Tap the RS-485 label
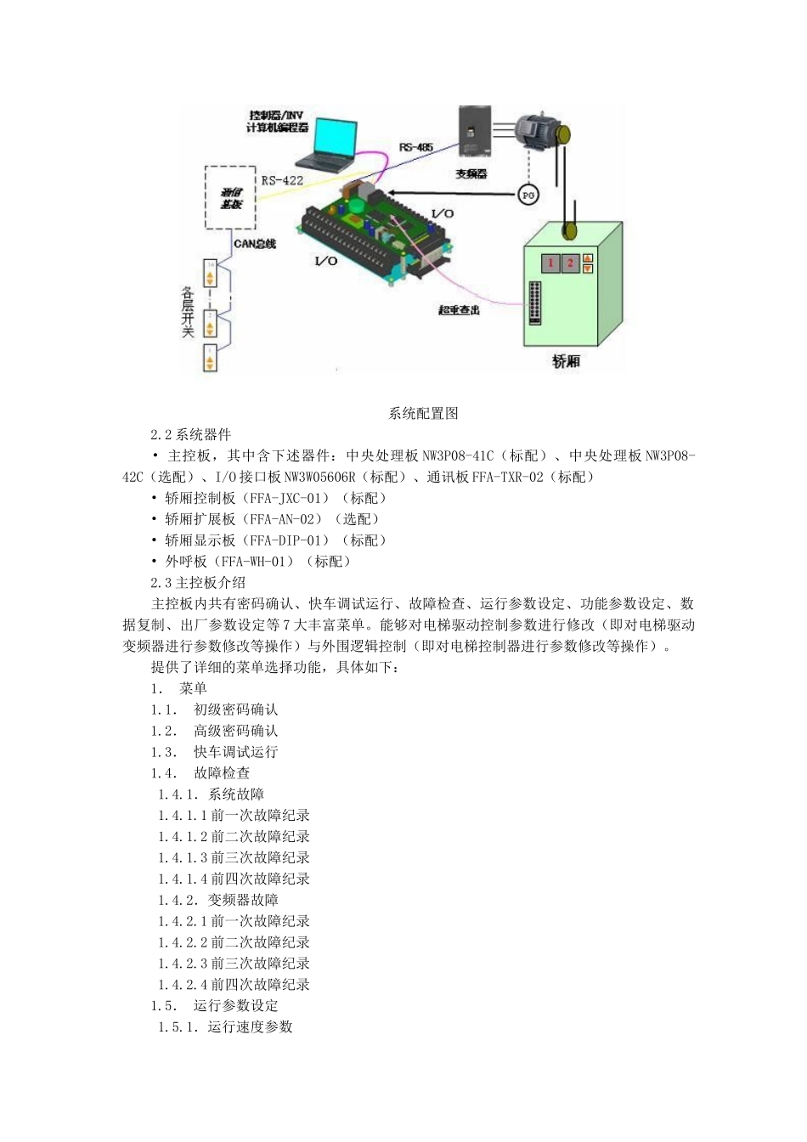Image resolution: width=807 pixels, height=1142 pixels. click(x=416, y=147)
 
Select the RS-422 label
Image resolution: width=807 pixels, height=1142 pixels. click(x=282, y=180)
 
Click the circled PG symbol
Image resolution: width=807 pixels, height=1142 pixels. click(x=528, y=195)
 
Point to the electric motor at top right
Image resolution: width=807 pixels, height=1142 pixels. click(x=539, y=131)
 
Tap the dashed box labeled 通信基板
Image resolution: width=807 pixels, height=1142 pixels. click(x=230, y=197)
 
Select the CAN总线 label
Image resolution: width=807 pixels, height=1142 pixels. click(x=255, y=244)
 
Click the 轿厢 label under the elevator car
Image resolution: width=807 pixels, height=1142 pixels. click(x=566, y=361)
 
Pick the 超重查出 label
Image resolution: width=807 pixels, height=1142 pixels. click(x=460, y=310)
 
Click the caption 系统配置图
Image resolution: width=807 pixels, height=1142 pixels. click(x=423, y=414)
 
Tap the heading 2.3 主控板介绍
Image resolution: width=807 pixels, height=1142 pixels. click(x=198, y=583)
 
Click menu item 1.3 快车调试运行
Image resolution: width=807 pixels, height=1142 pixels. click(x=214, y=752)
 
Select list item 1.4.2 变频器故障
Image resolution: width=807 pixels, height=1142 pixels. click(x=218, y=900)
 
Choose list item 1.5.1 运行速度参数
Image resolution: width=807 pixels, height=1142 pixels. click(x=225, y=1026)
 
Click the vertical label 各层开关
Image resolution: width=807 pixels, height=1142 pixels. click(x=188, y=313)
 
